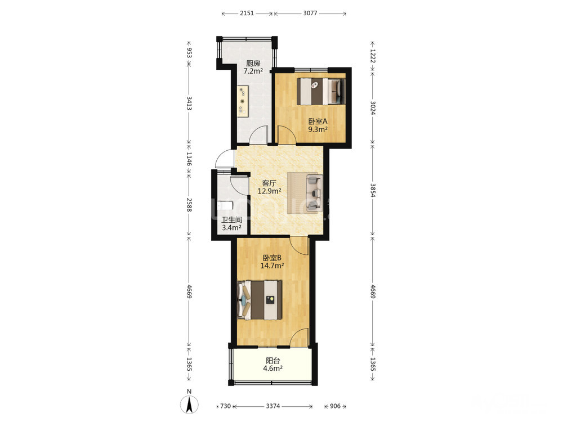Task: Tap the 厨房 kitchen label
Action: tap(253, 63)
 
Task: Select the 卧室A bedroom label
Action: tap(318, 122)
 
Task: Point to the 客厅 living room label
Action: tap(269, 183)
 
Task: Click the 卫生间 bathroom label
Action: tap(231, 220)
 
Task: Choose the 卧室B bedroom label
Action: tap(272, 258)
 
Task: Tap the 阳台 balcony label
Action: tap(273, 360)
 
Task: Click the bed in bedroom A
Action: tap(321, 91)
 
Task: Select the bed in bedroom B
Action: tap(260, 300)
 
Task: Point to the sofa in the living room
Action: tap(315, 192)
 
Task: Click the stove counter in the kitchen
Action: tap(243, 101)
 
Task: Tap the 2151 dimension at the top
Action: tap(247, 14)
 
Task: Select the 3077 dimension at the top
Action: tap(310, 14)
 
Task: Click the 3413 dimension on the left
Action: tap(189, 104)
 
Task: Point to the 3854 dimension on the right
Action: tap(373, 190)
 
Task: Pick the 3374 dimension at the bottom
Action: tap(273, 406)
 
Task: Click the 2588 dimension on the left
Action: tap(189, 205)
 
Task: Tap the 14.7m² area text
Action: tap(272, 266)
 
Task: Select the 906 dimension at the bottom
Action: tap(335, 406)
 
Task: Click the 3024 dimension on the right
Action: tap(373, 107)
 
